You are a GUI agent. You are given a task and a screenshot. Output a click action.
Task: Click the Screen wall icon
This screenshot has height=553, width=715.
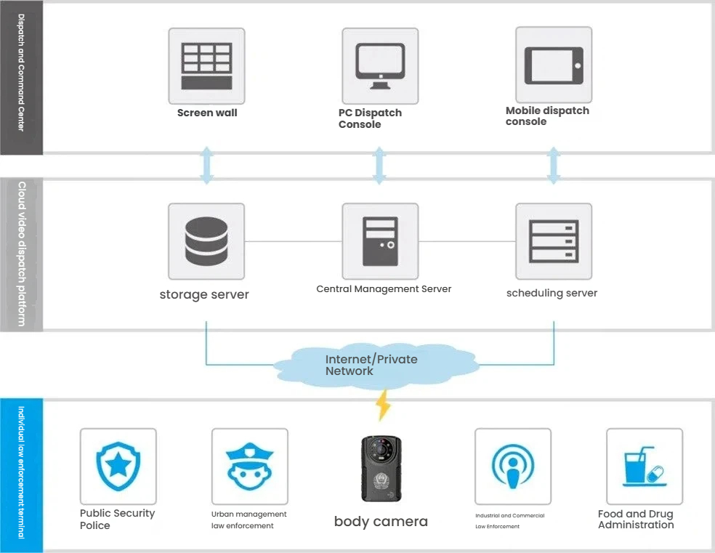tap(206, 65)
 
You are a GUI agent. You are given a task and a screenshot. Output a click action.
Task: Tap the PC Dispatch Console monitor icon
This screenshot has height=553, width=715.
tap(380, 65)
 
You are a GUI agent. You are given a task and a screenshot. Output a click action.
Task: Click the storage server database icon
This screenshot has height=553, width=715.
tap(206, 241)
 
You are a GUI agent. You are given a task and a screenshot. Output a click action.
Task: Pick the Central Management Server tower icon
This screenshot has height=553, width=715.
tap(380, 241)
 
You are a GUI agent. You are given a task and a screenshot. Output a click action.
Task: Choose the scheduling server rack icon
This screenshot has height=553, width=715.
tap(554, 241)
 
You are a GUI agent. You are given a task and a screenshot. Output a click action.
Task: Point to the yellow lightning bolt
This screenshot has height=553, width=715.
tap(382, 405)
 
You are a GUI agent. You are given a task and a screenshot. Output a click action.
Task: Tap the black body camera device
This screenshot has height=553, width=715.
tap(381, 469)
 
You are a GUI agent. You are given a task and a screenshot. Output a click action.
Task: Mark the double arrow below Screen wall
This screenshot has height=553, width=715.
tap(206, 166)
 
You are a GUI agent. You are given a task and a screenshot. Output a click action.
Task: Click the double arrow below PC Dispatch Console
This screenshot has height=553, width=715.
tap(379, 166)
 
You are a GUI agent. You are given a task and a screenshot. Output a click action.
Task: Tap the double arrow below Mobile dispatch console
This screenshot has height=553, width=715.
tap(554, 166)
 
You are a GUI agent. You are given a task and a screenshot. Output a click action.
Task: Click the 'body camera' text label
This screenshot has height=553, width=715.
tap(381, 521)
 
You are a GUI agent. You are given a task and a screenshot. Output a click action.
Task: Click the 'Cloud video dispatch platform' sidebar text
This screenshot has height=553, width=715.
tap(21, 254)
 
